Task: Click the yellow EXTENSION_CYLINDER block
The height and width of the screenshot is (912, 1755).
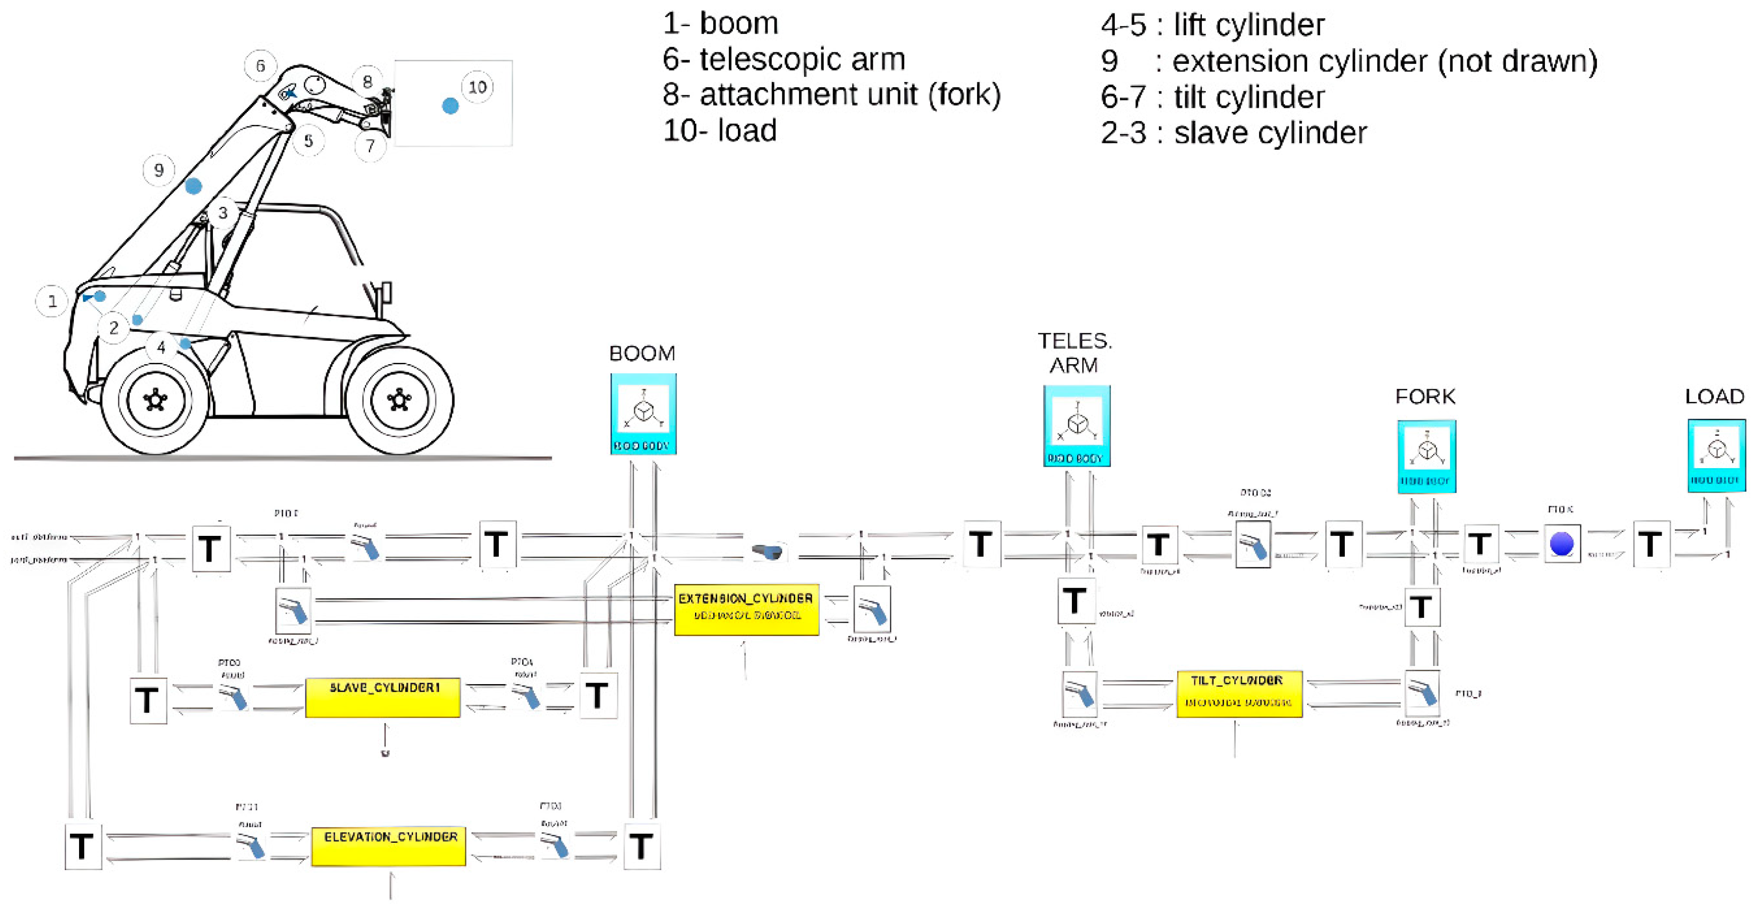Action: pyautogui.click(x=746, y=609)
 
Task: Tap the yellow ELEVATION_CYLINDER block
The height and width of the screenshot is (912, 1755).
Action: pyautogui.click(x=388, y=845)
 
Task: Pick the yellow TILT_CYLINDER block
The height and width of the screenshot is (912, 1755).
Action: pyautogui.click(x=1239, y=693)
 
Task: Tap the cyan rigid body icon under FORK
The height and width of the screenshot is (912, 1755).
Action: pyautogui.click(x=1427, y=456)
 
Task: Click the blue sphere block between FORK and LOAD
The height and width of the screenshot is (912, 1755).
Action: pyautogui.click(x=1562, y=544)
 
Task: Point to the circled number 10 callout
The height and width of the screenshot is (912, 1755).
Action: pyautogui.click(x=477, y=87)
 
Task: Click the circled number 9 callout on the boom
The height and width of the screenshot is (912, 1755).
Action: pyautogui.click(x=159, y=170)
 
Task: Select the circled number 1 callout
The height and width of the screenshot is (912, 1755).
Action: pyautogui.click(x=52, y=301)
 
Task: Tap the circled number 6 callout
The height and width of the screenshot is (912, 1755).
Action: pyautogui.click(x=260, y=65)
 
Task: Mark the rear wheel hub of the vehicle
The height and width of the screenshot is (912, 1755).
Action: pyautogui.click(x=399, y=400)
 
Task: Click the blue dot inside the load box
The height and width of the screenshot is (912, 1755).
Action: pyautogui.click(x=450, y=106)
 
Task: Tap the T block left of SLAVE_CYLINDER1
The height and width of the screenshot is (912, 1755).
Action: pyautogui.click(x=148, y=700)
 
